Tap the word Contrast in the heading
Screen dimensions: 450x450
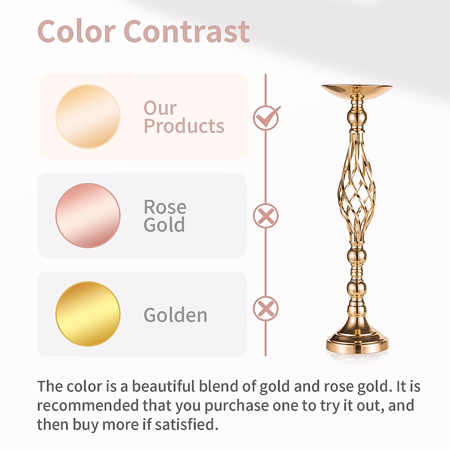click(186, 31)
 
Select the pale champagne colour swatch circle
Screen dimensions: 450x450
click(88, 116)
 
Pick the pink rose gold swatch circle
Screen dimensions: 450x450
click(88, 215)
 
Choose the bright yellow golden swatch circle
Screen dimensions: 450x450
click(88, 314)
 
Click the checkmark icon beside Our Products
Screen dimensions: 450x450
click(266, 118)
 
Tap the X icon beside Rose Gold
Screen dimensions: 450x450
click(265, 216)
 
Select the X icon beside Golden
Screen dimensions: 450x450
click(265, 309)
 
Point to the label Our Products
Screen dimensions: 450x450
click(184, 117)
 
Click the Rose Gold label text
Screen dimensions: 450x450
click(165, 216)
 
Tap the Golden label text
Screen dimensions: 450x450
click(175, 315)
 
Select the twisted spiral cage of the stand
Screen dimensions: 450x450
click(357, 187)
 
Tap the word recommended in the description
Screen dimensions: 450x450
click(88, 405)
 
